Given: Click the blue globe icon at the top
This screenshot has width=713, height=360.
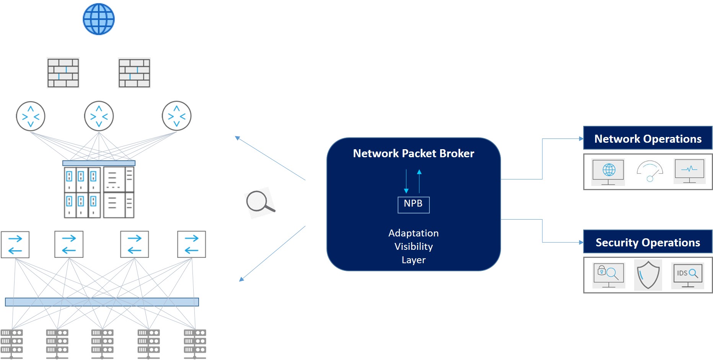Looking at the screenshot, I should tap(99, 19).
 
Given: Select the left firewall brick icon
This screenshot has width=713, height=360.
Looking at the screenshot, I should tap(63, 73).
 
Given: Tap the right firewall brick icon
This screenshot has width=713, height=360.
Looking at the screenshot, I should tap(134, 73).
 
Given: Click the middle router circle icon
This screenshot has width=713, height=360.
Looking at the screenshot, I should tap(99, 116).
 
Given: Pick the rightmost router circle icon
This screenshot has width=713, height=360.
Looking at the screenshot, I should tap(176, 116).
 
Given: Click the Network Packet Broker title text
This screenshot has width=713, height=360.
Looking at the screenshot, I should tap(413, 153).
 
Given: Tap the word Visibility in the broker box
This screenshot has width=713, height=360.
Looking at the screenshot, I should tap(413, 246).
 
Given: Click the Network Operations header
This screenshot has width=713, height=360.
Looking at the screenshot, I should tap(648, 138).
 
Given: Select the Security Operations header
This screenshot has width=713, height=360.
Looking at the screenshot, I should tap(648, 242).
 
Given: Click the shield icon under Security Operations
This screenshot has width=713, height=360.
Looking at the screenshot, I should tap(648, 275).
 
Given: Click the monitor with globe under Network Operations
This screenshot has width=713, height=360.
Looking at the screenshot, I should tap(608, 171).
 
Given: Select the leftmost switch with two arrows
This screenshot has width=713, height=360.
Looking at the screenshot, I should tap(15, 244).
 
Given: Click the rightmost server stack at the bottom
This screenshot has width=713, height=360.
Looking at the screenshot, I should tap(195, 343).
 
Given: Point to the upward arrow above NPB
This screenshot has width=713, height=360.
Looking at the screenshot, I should tap(419, 181).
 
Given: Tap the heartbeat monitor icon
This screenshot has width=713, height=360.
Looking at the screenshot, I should tap(689, 171).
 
